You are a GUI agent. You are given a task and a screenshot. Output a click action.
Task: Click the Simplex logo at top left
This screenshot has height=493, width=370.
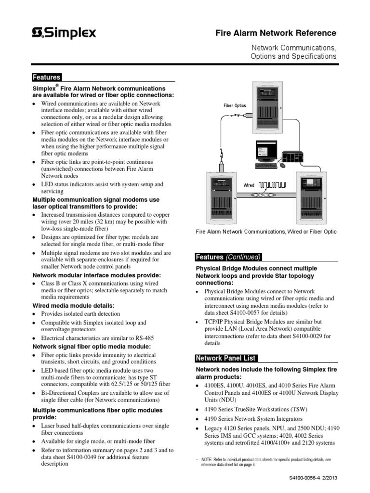click(64, 33)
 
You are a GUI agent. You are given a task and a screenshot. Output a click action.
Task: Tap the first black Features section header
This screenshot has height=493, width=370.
click(46, 77)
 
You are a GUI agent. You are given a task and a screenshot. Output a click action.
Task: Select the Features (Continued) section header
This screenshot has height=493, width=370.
click(228, 257)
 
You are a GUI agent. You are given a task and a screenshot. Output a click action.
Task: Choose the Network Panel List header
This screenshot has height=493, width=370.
click(226, 358)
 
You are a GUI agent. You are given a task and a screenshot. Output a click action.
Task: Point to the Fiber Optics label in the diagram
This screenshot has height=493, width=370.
click(235, 105)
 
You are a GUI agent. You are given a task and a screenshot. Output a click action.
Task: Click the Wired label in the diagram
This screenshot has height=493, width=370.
click(249, 185)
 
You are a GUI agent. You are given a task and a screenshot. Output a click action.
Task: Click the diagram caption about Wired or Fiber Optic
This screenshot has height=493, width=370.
click(266, 232)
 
